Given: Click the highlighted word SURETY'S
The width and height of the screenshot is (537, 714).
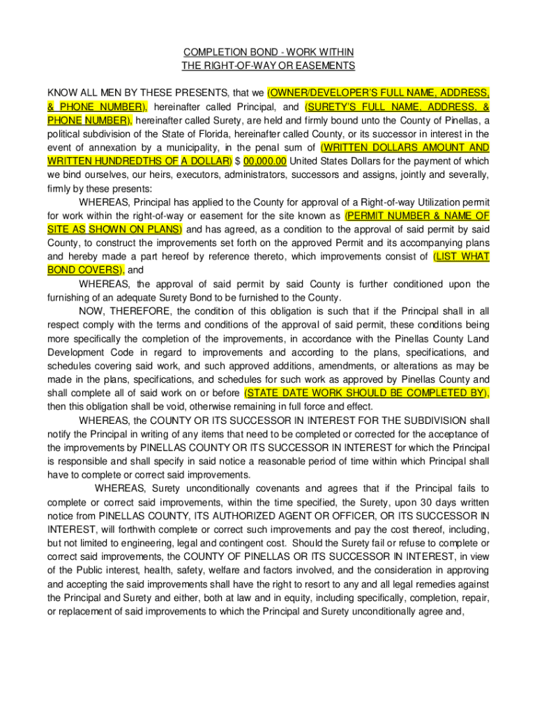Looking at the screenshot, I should pos(332,107).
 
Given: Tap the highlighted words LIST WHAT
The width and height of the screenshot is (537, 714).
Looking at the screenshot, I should pos(462,257).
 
